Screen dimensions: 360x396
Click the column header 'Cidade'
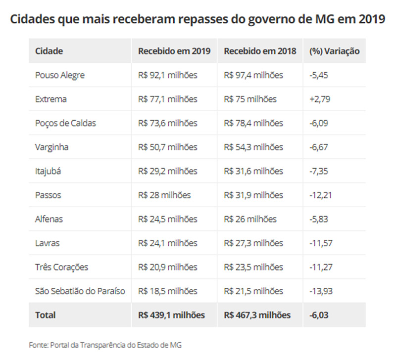coord(49,51)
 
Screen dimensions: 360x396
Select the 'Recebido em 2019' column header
coord(174,51)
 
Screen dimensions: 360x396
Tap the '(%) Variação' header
coord(334,51)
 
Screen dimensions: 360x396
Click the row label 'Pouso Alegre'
coord(60,75)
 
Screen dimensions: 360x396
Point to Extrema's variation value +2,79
coord(320,99)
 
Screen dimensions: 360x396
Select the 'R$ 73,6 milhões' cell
coord(167,123)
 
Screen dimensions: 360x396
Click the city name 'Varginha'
coord(52,147)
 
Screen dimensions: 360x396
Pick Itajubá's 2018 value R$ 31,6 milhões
coord(253,171)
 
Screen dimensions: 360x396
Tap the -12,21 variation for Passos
coord(321,195)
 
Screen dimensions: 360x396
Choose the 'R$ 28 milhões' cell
coord(164,195)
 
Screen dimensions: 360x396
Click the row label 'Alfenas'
coord(49,219)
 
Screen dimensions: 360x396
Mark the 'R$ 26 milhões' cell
coord(250,219)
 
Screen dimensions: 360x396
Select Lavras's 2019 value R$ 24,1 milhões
coord(167,243)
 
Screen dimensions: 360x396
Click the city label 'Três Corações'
coord(62,267)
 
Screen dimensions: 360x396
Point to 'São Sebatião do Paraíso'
coord(80,291)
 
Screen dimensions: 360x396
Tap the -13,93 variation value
coord(321,291)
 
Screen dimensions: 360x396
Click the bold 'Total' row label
coord(46,315)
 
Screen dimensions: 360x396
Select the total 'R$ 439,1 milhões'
coord(171,315)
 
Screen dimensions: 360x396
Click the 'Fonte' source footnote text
coord(105,345)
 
